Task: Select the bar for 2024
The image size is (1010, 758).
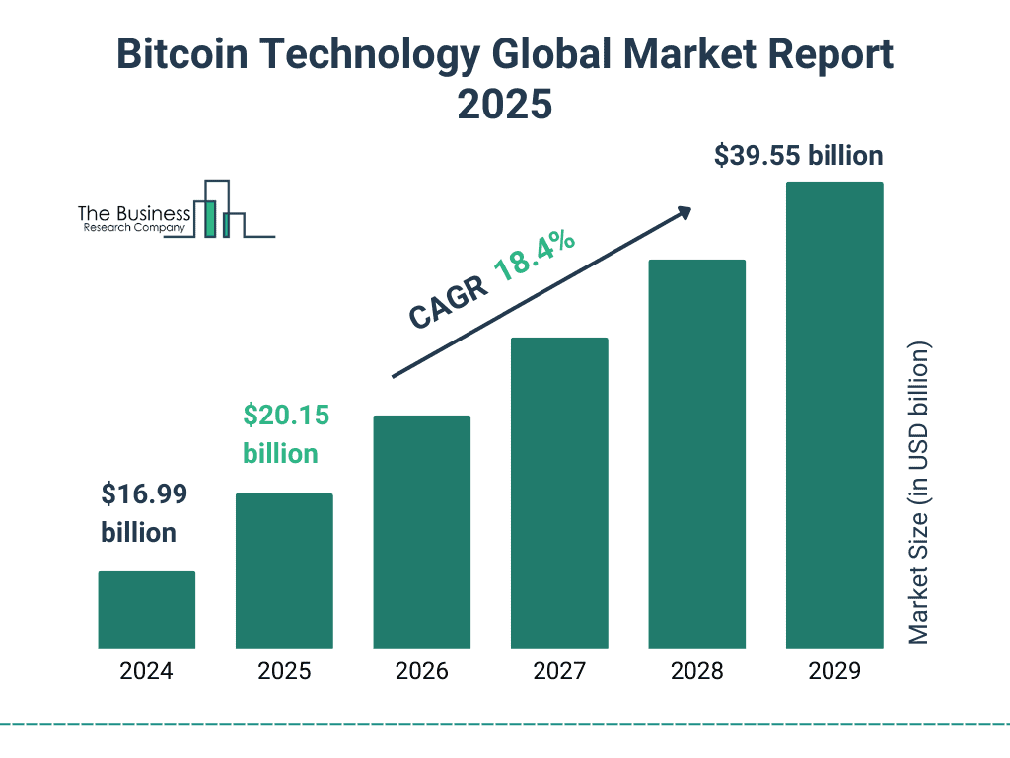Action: (146, 610)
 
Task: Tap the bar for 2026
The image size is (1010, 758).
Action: (421, 532)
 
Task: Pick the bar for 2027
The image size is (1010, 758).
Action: (559, 493)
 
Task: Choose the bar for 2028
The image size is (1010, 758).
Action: (696, 454)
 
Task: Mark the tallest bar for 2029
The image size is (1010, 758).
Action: (834, 416)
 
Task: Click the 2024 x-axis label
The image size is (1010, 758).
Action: (146, 672)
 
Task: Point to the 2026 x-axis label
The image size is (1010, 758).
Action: (421, 672)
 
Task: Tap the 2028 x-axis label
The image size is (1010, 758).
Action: (696, 672)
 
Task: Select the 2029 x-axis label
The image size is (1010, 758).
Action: (834, 672)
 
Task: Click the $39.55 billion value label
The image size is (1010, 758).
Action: (798, 156)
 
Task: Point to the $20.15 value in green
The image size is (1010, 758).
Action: (286, 416)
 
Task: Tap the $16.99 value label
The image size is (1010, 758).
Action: (144, 493)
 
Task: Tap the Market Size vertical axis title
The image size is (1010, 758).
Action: (919, 493)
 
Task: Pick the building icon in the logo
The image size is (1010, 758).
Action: (222, 210)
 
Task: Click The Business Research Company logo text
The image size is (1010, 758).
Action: (133, 219)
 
